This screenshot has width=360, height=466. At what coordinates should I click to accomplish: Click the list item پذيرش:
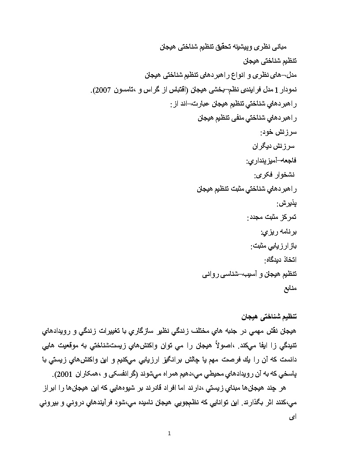[287, 204]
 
